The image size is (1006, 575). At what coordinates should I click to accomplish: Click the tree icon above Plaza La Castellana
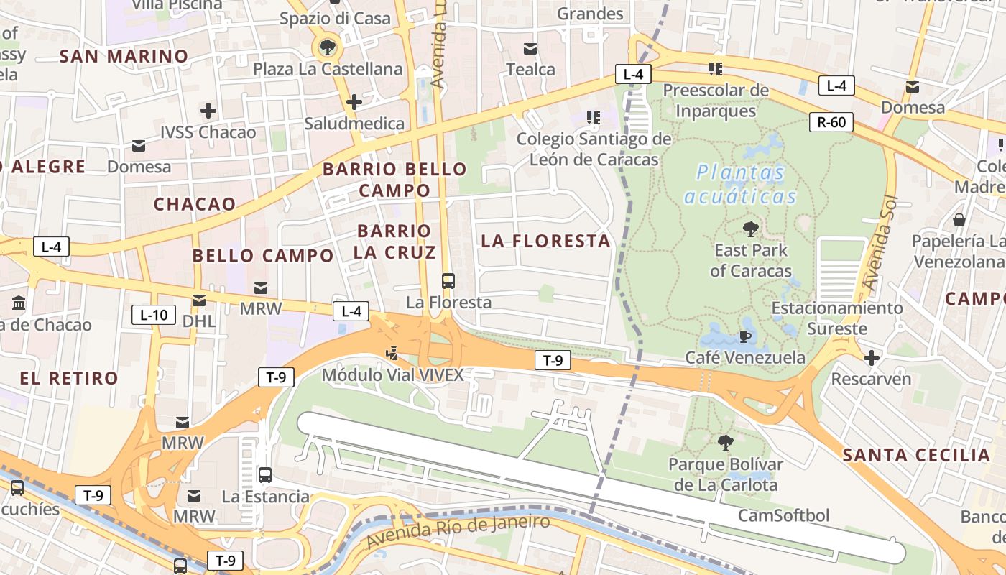coord(328,48)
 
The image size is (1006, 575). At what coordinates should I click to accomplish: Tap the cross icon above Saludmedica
coord(354,102)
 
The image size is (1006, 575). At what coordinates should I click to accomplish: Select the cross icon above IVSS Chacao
coord(208,111)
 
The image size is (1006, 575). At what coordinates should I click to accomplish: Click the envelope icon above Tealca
coord(530,49)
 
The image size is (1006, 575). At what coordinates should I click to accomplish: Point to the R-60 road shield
coord(831,122)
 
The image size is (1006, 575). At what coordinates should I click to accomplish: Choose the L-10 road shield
coord(154,314)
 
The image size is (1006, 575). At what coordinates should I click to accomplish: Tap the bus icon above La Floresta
coord(448,281)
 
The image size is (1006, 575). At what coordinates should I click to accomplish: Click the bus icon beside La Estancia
coord(265,475)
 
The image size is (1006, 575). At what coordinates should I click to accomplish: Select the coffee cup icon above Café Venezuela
coord(745,336)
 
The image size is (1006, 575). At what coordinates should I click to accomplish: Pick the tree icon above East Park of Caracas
coord(750,229)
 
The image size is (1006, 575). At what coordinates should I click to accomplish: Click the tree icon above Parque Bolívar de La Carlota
coord(726,442)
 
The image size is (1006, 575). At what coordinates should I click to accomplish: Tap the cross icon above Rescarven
coord(871,357)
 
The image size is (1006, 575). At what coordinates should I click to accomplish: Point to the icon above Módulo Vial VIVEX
coord(392,353)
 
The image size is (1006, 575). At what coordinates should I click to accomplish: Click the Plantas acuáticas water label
coord(741,185)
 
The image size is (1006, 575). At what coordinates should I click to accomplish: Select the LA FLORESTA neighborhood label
coord(545,241)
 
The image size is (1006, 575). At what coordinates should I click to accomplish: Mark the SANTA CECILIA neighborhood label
coord(916,454)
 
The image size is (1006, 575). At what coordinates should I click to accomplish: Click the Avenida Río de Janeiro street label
coord(457,530)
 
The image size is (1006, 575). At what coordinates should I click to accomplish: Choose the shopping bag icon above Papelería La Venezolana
coord(959,220)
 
